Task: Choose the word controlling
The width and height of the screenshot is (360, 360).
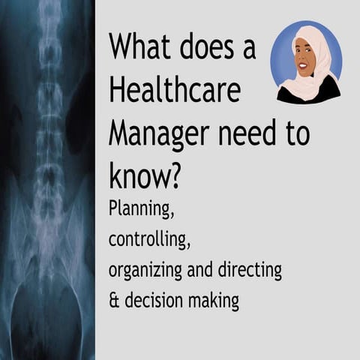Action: pyautogui.click(x=147, y=239)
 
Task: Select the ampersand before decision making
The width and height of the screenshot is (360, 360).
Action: pyautogui.click(x=114, y=301)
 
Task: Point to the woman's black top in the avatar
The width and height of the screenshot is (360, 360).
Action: pyautogui.click(x=308, y=93)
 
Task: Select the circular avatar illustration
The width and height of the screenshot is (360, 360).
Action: pyautogui.click(x=306, y=62)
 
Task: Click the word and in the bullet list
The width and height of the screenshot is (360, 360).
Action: pyautogui.click(x=207, y=271)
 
